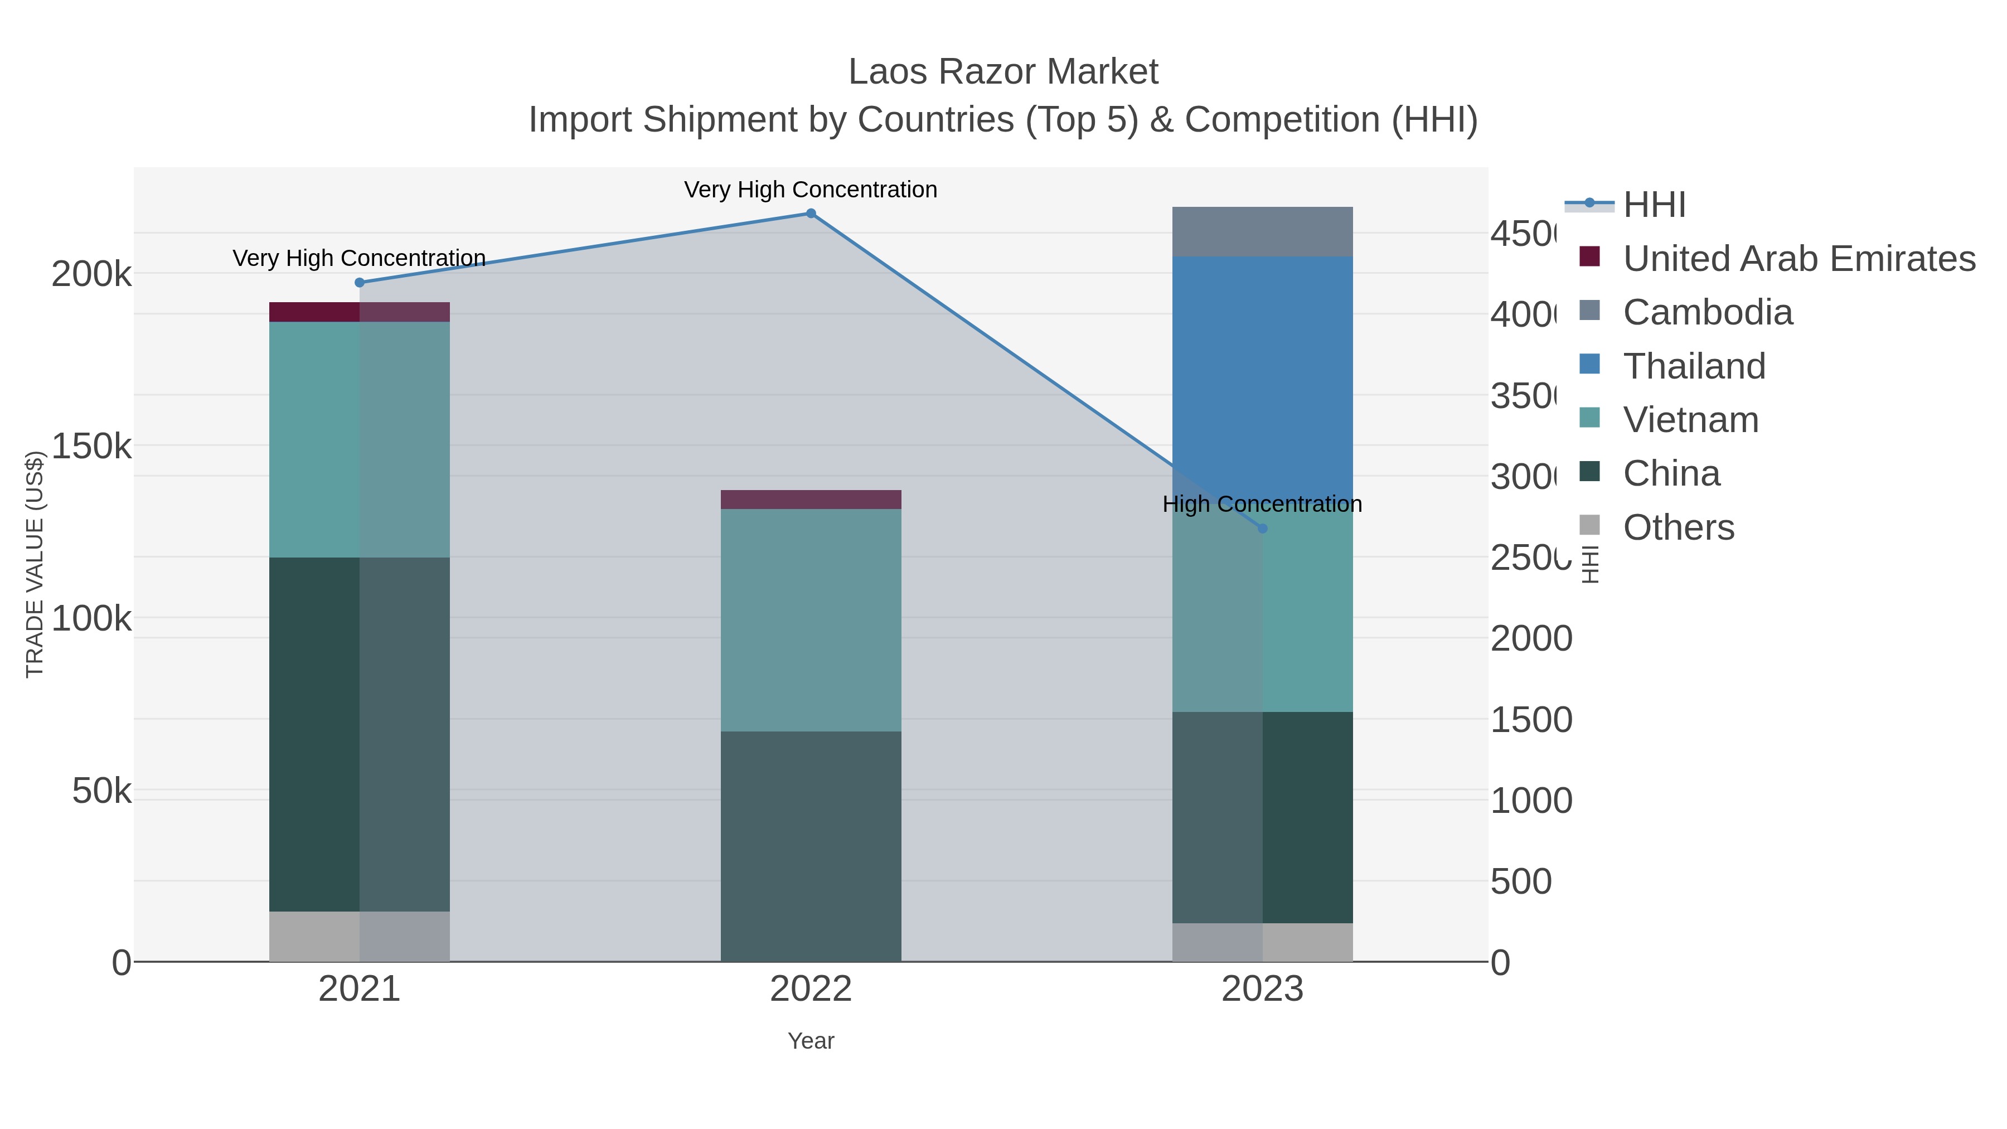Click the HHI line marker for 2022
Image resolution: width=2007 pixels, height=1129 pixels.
coord(810,214)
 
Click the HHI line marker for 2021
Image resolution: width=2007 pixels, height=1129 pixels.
coord(359,283)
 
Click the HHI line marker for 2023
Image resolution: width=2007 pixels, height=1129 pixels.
coord(1262,529)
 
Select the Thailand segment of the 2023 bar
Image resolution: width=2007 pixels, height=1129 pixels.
coord(1262,374)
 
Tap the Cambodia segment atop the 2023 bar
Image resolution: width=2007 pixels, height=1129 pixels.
coord(1262,231)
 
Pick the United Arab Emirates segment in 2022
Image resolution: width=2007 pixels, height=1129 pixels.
coord(810,500)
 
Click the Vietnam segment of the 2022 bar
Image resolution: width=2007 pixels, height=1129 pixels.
coord(810,619)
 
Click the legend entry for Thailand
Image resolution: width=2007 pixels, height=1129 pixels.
coord(1693,366)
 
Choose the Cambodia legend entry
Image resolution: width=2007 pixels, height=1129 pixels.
coord(1707,312)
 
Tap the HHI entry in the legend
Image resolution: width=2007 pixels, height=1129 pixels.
coord(1654,205)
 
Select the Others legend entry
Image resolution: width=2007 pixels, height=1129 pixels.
coord(1678,527)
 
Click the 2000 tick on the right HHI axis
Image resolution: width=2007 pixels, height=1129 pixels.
coord(1530,639)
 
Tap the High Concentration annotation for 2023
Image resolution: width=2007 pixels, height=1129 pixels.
coord(1262,504)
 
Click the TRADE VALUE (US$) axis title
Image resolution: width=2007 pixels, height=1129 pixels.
coord(35,564)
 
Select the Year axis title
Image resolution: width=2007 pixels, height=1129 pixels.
coord(810,1041)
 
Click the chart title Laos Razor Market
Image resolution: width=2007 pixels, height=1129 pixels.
coord(1003,72)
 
